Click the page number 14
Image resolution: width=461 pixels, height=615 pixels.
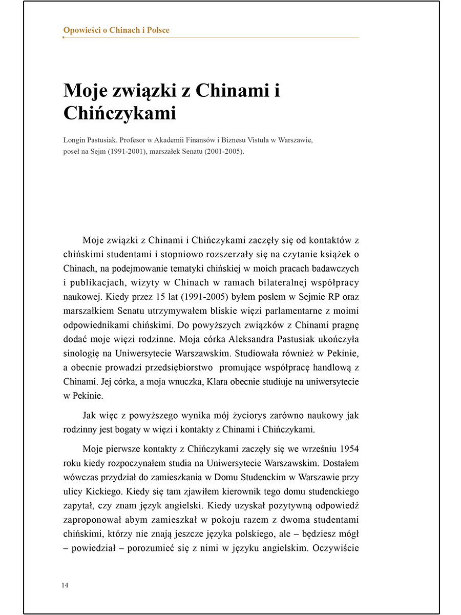[65, 585]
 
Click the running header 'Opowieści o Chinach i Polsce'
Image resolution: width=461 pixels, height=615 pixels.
[116, 30]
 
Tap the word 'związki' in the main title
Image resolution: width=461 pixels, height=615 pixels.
[140, 91]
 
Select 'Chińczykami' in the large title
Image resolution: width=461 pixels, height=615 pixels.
[119, 113]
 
